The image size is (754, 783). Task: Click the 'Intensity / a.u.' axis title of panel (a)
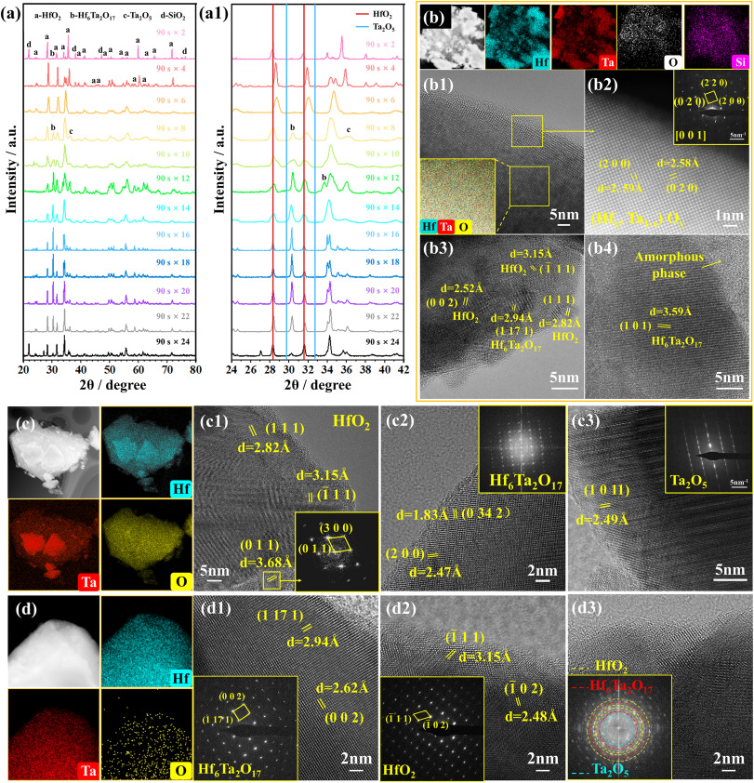(x=10, y=186)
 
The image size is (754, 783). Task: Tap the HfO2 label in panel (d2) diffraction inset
(x=406, y=745)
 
